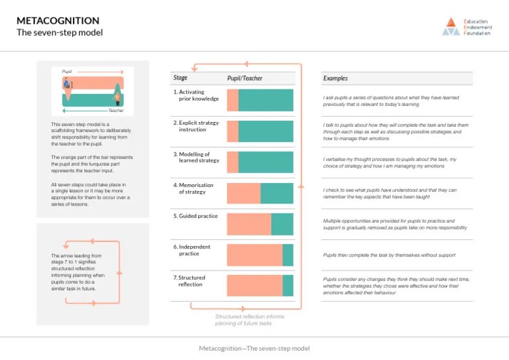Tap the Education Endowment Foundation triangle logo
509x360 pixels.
[451, 26]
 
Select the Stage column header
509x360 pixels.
[180, 78]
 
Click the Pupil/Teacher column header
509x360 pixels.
[245, 78]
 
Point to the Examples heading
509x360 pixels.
[335, 78]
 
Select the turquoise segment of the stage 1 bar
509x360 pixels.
[266, 100]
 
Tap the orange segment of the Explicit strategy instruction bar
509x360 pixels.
[233, 131]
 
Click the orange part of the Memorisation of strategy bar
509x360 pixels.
[243, 193]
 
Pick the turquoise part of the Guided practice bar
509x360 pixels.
[282, 224]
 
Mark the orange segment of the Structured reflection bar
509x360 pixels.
[254, 286]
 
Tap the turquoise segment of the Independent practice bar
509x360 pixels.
[288, 255]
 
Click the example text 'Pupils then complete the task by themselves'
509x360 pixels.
[389, 255]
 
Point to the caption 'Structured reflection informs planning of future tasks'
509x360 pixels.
[249, 320]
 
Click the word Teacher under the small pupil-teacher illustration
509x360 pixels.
[116, 111]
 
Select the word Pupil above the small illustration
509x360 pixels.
[67, 71]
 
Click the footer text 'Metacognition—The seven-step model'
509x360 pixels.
[254, 348]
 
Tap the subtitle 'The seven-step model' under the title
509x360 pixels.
[60, 32]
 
